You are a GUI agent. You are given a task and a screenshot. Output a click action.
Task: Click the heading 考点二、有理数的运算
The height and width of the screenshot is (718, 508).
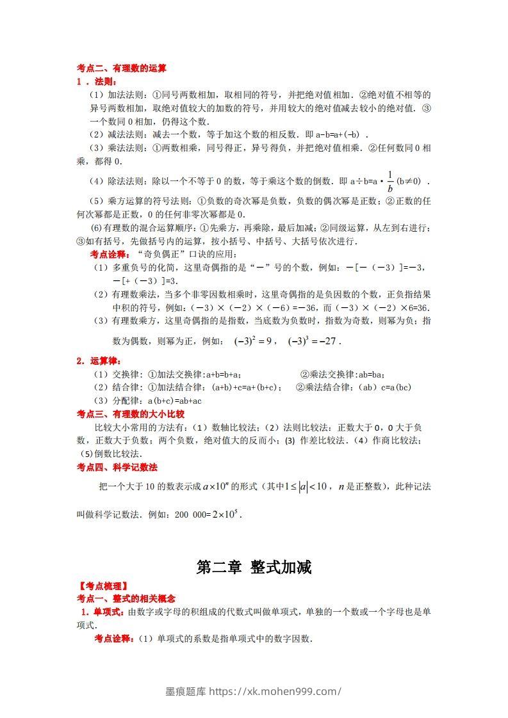coord(121,68)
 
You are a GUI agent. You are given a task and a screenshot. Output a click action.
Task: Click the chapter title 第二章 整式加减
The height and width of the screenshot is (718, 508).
coord(254,567)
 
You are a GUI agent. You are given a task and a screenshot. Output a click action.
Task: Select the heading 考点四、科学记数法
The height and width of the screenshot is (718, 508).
coord(117,467)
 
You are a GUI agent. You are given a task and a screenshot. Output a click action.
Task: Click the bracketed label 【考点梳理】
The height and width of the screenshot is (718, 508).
coord(102,586)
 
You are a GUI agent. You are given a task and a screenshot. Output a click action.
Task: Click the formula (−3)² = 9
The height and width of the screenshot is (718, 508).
coord(254,341)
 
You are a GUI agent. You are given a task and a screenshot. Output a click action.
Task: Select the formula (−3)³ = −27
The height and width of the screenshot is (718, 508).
coord(313,341)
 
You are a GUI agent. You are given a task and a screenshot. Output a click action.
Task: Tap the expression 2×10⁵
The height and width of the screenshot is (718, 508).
coord(227,514)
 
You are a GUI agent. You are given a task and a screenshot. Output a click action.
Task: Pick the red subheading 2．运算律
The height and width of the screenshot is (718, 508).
coord(98,361)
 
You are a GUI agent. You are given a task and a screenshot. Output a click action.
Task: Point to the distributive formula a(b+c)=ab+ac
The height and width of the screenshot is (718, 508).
coord(170,401)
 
